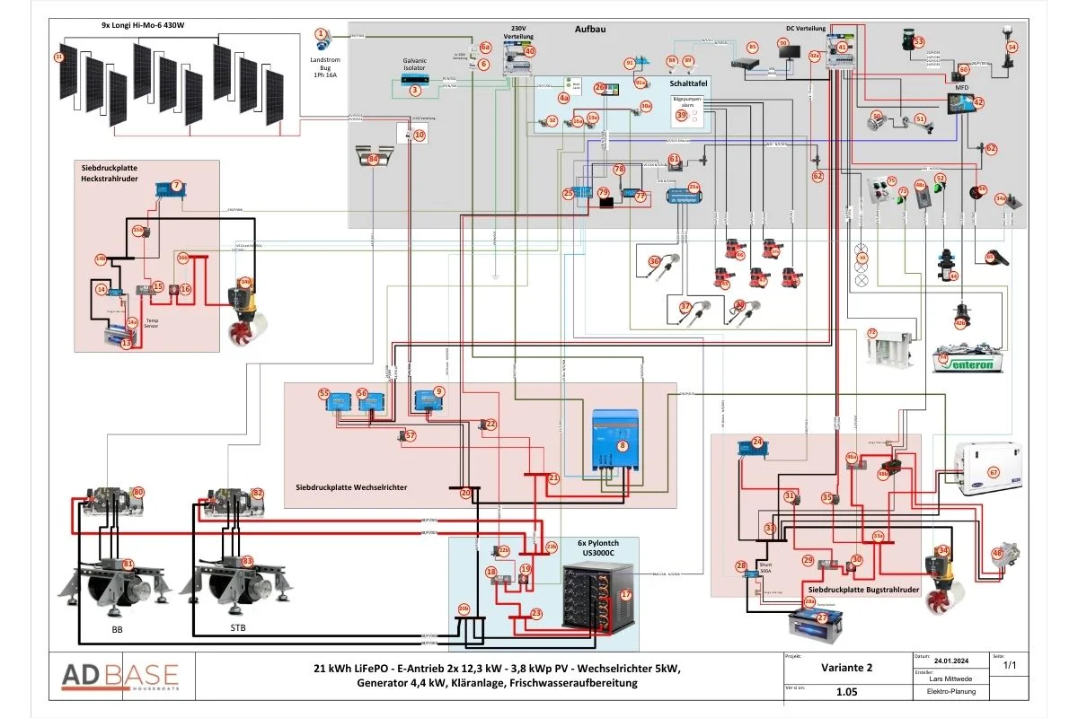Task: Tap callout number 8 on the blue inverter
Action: pos(622,445)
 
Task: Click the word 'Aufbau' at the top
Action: pos(590,30)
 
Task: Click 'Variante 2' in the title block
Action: pos(845,668)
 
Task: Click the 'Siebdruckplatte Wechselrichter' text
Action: pos(351,486)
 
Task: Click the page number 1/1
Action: pos(1010,666)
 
